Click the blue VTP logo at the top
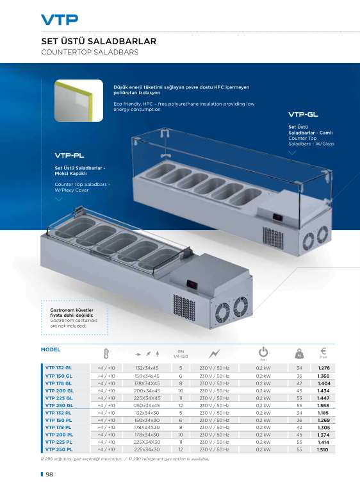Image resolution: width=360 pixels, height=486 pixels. tap(60, 20)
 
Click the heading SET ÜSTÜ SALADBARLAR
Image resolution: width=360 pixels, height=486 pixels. tap(99, 41)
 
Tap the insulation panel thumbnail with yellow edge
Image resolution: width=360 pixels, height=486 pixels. tap(79, 101)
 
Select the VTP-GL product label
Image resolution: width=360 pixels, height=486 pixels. tap(303, 114)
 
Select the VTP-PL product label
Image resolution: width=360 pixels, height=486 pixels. tap(69, 155)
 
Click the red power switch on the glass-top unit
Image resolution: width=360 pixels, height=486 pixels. tap(277, 217)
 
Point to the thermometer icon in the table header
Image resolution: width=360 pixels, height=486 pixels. tap(106, 353)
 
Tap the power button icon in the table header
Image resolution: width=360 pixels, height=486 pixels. tap(263, 352)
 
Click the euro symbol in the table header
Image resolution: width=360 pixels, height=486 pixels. tap(323, 351)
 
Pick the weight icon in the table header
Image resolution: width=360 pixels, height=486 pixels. tap(299, 353)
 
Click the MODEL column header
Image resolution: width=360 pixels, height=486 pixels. tap(51, 349)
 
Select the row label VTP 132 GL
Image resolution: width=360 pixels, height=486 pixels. tap(58, 367)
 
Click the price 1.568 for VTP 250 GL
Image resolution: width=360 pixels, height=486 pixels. tap(323, 405)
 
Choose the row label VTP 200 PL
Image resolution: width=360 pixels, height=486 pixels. tap(59, 435)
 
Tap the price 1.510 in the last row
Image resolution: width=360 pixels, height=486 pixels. tap(323, 449)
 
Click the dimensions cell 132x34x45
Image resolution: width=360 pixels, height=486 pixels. tap(147, 368)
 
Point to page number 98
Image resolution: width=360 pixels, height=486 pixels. tap(49, 474)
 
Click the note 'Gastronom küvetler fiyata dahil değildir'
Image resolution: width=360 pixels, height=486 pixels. tap(72, 312)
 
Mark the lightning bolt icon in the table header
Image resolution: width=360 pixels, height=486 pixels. tap(214, 353)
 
